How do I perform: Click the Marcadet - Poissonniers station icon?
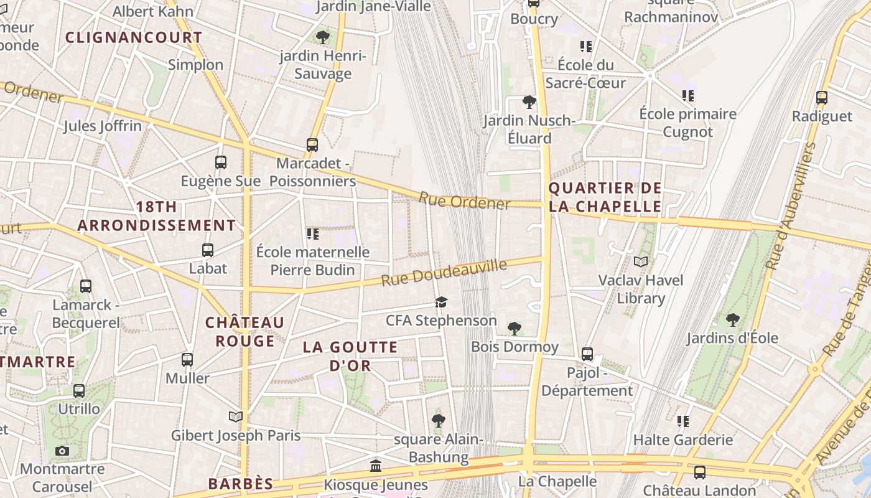tap(312, 145)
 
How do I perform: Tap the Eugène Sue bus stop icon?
tap(221, 162)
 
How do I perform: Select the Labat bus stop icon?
tap(208, 250)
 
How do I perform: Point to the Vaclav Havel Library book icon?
tap(641, 262)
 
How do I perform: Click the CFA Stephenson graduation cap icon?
tap(441, 303)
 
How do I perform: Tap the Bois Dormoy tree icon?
tap(515, 328)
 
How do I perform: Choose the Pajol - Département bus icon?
tap(587, 354)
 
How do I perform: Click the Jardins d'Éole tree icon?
tap(733, 320)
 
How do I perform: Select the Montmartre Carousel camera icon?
tap(62, 451)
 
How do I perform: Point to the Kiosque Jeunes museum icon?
tap(376, 466)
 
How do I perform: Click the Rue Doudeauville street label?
tap(444, 273)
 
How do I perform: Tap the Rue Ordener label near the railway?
tap(464, 201)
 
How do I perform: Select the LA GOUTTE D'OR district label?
tap(350, 356)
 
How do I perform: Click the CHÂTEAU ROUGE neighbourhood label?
tap(245, 332)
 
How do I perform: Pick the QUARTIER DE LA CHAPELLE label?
tap(605, 197)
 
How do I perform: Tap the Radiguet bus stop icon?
tap(822, 98)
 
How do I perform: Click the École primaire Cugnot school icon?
tap(687, 96)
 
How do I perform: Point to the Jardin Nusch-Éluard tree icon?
tap(529, 101)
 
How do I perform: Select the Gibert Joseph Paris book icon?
tap(235, 416)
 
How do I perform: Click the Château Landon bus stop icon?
tap(700, 472)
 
